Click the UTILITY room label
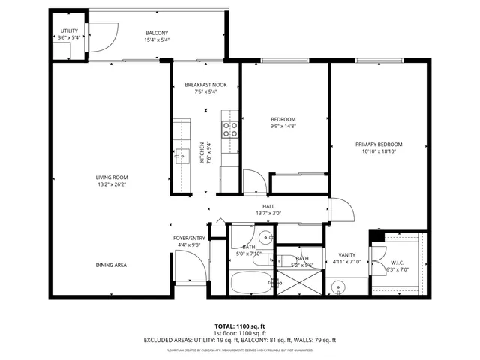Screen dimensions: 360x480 pyautogui.click(x=68, y=31)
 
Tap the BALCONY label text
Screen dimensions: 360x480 pyautogui.click(x=156, y=33)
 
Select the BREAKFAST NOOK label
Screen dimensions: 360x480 pyautogui.click(x=205, y=85)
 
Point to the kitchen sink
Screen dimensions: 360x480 pyautogui.click(x=181, y=157)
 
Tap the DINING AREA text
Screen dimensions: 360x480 pyautogui.click(x=111, y=265)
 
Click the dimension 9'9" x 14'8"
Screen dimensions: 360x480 pyautogui.click(x=283, y=127)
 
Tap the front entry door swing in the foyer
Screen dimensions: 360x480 pyautogui.click(x=187, y=266)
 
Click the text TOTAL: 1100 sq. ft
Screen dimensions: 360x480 pyautogui.click(x=240, y=326)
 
